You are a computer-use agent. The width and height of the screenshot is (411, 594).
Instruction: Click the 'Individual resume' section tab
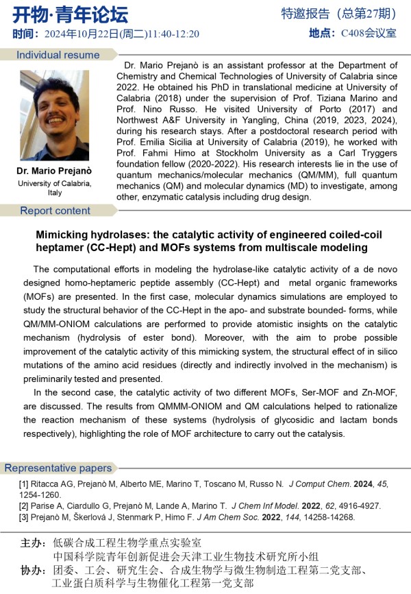(58, 55)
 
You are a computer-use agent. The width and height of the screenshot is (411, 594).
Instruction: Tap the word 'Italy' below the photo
(54, 193)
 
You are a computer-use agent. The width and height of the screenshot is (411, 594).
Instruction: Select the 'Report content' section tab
(55, 211)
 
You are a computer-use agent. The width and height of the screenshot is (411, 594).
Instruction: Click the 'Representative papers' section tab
(58, 468)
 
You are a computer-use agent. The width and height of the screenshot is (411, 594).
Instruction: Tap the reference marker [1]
(23, 484)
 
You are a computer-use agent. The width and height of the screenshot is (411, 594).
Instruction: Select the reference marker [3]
(23, 518)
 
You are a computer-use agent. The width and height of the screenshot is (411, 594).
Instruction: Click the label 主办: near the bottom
(34, 543)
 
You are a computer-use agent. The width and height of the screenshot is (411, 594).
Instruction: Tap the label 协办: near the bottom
(34, 570)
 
